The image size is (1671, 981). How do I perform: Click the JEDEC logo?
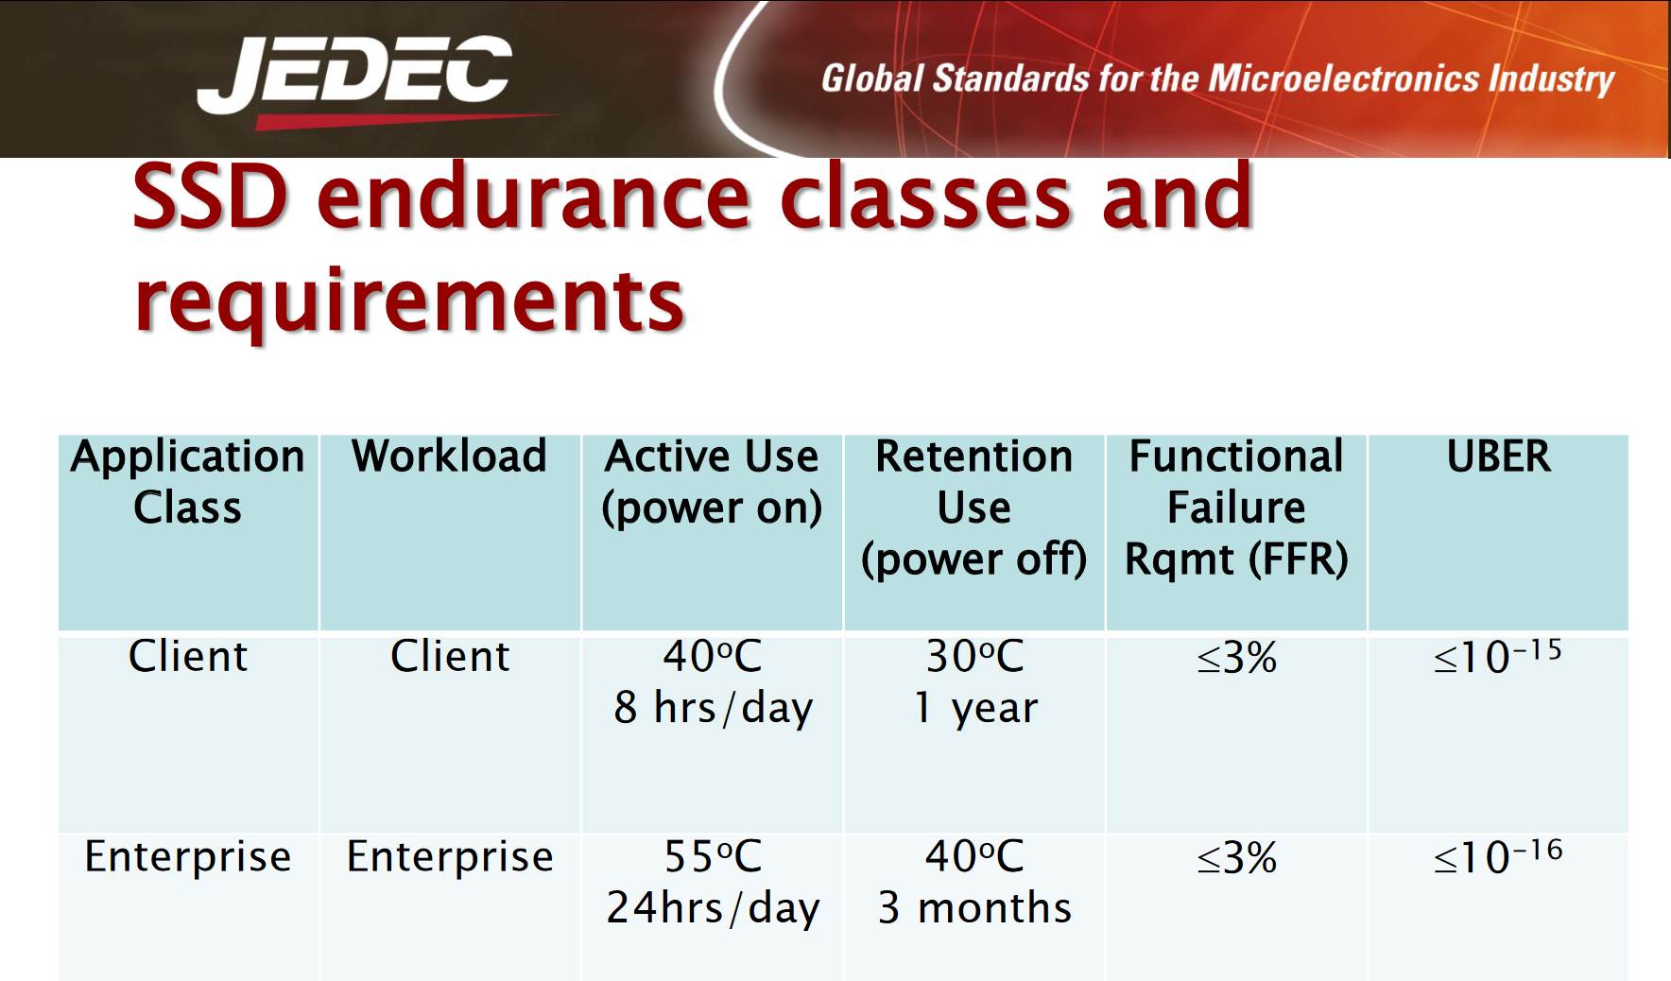click(355, 80)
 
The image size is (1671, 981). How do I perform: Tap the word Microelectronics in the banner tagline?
click(1343, 78)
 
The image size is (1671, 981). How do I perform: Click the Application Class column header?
click(188, 482)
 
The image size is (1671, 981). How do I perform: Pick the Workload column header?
click(449, 456)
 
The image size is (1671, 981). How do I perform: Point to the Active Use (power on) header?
click(712, 482)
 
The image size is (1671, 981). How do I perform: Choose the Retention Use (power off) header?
click(974, 508)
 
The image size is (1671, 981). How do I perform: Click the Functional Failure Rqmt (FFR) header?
click(1236, 508)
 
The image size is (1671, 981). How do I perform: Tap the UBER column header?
click(1499, 456)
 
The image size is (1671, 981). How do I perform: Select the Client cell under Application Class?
click(188, 656)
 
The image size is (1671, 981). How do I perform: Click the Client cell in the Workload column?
click(450, 656)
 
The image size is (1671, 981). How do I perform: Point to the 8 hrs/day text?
click(714, 708)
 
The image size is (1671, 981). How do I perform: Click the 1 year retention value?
click(975, 708)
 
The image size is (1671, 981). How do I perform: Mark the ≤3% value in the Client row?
click(1237, 657)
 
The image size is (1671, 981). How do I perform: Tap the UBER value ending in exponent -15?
click(1498, 656)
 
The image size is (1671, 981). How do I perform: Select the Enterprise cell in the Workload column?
click(450, 857)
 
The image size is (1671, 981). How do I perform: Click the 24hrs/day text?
click(714, 908)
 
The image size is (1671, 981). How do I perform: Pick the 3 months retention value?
click(974, 908)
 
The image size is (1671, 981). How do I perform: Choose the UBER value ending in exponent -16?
click(1498, 856)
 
